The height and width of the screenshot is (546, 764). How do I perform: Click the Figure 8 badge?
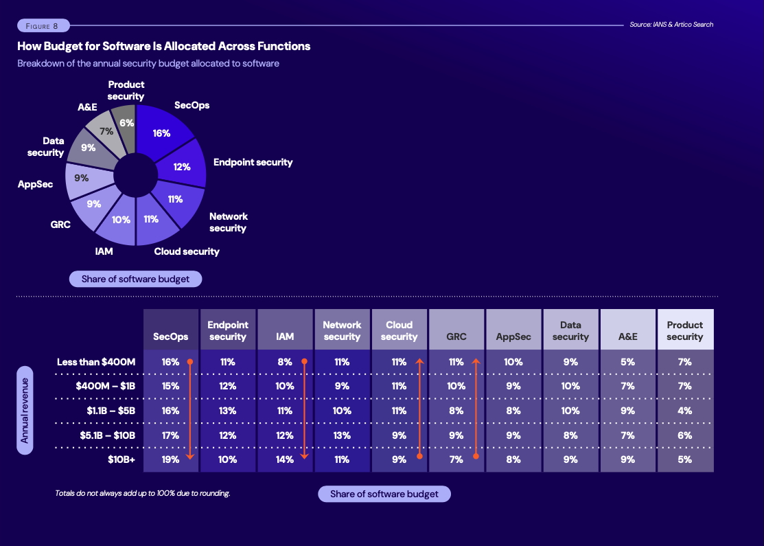coord(43,25)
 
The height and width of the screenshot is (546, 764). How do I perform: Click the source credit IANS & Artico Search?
coord(671,25)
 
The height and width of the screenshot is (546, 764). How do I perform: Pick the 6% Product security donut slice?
coord(126,122)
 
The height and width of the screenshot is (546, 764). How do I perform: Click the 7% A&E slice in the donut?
coord(106,130)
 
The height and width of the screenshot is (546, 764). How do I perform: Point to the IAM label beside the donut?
coord(104,251)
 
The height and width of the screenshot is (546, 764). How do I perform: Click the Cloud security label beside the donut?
coord(187,251)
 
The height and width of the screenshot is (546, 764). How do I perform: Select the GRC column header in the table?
coord(456,337)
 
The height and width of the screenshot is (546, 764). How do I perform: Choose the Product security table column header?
coord(684,330)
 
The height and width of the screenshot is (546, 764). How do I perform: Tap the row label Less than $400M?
coord(96,362)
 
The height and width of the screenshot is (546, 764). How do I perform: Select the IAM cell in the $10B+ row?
coord(284,459)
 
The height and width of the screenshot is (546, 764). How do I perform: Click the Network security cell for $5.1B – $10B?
coord(342,435)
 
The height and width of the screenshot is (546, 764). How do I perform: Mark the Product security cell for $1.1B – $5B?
coord(684,411)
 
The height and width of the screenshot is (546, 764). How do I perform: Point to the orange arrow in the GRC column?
coord(475,409)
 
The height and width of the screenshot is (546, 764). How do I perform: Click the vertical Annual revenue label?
coord(25,410)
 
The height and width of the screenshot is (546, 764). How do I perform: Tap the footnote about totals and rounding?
coord(142,493)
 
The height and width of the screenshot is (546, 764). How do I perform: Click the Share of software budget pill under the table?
coord(384,494)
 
